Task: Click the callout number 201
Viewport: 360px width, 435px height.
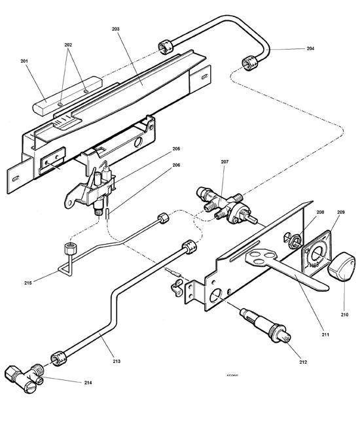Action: tap(24, 61)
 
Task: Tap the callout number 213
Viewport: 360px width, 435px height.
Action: tap(117, 360)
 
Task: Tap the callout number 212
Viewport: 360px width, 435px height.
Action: tap(303, 361)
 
